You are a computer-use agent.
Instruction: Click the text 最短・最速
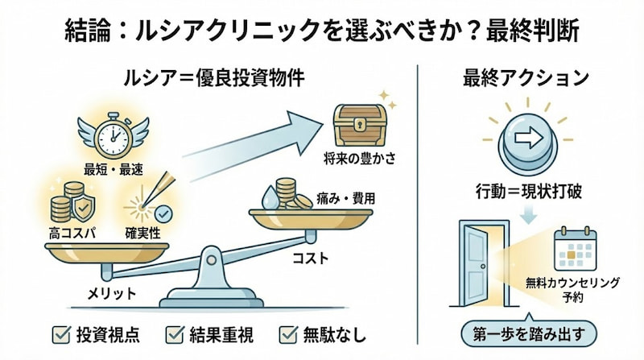(x=113, y=169)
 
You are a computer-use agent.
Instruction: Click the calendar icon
(x=575, y=250)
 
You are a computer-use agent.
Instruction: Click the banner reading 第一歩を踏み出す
(x=532, y=332)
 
